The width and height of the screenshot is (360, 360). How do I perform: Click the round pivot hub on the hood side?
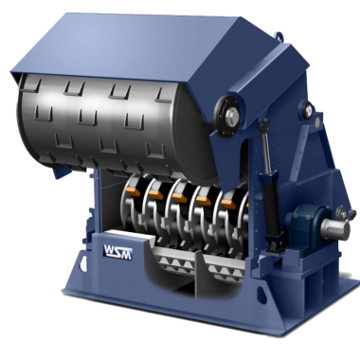(229, 117)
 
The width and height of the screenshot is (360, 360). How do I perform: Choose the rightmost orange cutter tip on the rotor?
(228, 202)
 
